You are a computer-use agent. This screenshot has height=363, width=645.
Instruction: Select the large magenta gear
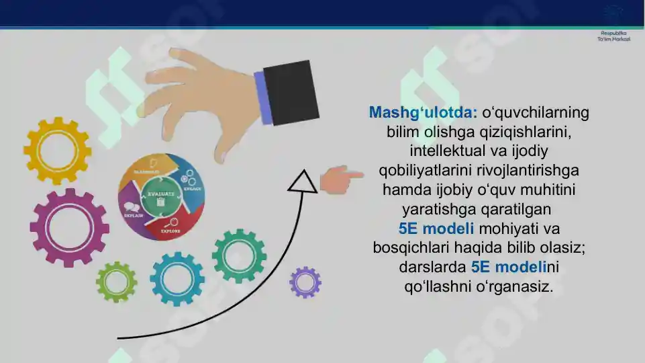point(69,227)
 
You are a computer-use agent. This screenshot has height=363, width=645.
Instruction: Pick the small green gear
point(116,282)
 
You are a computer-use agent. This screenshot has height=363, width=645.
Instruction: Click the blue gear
point(177,278)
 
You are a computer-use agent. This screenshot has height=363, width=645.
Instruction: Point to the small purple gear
point(305,282)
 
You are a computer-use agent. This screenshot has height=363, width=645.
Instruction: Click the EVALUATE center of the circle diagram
point(161,196)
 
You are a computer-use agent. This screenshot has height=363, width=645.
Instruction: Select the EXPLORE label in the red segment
point(170,231)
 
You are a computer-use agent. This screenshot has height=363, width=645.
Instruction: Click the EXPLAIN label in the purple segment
point(133,215)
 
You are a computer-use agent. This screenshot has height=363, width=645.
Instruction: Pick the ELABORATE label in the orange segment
point(146,172)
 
